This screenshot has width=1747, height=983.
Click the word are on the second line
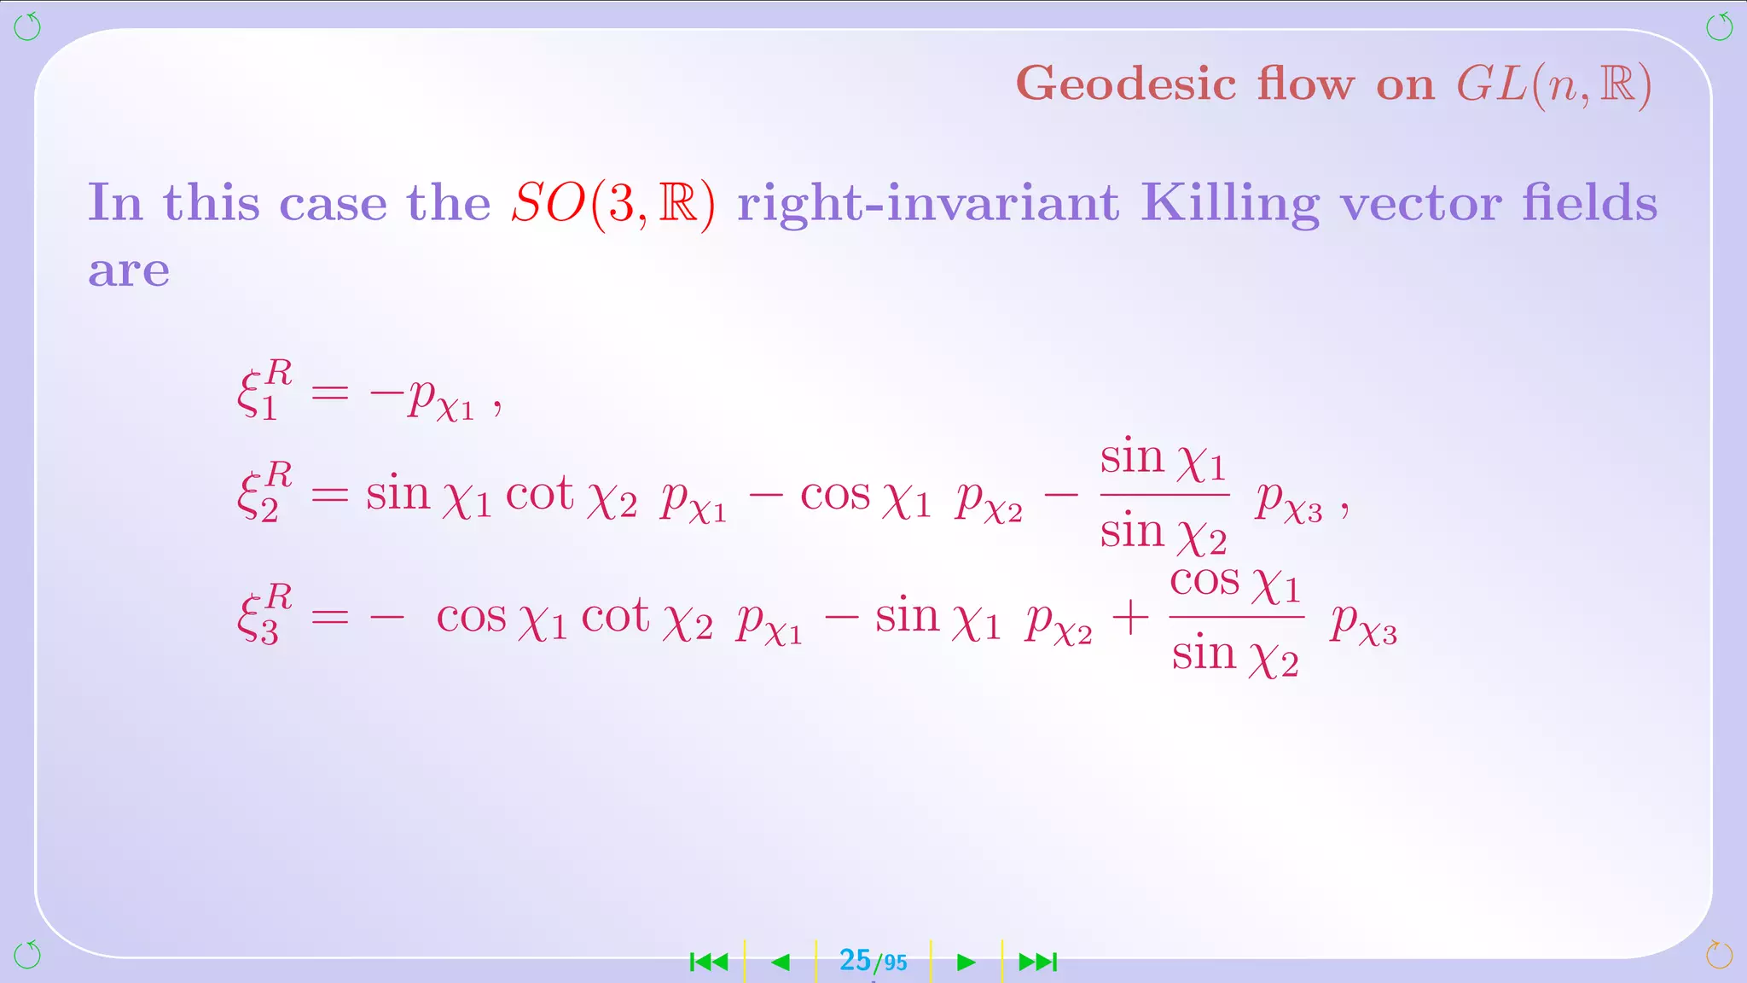coord(129,271)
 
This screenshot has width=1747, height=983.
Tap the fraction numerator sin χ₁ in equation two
coord(1163,459)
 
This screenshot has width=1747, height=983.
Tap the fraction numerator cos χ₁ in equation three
coord(1234,583)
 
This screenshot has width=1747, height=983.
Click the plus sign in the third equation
coord(1130,617)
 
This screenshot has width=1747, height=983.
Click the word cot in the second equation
coord(539,494)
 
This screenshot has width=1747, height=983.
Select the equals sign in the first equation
coord(330,393)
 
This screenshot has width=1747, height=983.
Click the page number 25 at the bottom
coord(855,961)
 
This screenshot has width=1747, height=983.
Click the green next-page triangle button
coord(966,963)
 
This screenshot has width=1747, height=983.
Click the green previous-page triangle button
coord(781,963)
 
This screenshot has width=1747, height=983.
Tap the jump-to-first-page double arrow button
coord(709,963)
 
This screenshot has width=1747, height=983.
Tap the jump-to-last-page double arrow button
coord(1038,963)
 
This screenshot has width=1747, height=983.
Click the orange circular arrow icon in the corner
coord(1719,954)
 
